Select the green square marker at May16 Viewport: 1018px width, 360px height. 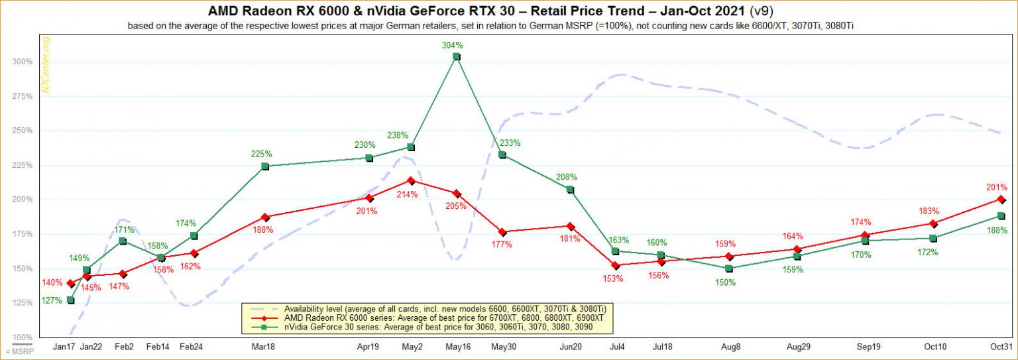pyautogui.click(x=456, y=57)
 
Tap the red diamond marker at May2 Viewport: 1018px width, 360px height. pyautogui.click(x=411, y=180)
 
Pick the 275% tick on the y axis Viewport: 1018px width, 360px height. pyautogui.click(x=22, y=96)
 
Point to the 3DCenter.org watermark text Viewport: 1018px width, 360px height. pyautogui.click(x=46, y=66)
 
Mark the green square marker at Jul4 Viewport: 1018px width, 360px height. pyautogui.click(x=615, y=251)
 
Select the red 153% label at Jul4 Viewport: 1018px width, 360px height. pyautogui.click(x=613, y=278)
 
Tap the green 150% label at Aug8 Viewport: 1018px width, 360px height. pyautogui.click(x=729, y=283)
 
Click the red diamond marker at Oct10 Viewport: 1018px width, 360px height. pyautogui.click(x=933, y=223)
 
